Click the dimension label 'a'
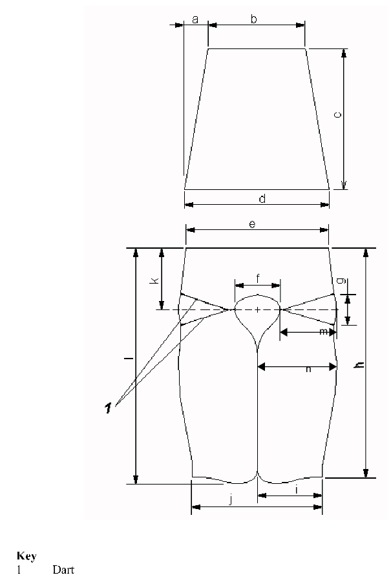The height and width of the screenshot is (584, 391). (x=195, y=20)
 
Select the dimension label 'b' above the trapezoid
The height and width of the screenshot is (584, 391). (x=254, y=19)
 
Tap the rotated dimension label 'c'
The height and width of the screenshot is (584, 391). (x=337, y=115)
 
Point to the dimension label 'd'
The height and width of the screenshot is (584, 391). (x=262, y=198)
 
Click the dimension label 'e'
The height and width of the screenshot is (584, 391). (x=252, y=224)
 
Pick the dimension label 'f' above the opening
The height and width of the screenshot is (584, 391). (x=258, y=278)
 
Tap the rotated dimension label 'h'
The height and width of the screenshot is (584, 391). (x=360, y=364)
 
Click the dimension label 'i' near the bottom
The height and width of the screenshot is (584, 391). (x=297, y=490)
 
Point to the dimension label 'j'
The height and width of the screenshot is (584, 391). (x=231, y=500)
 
